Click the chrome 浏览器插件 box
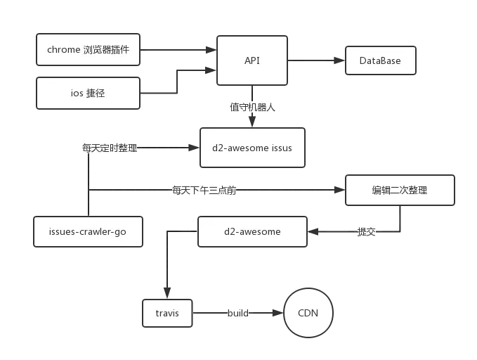(88, 49)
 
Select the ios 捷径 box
(88, 93)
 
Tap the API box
(252, 61)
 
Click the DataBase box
(380, 61)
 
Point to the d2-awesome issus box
(252, 148)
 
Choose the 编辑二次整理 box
(399, 191)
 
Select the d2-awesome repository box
(252, 231)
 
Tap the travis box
(166, 313)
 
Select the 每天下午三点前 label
(202, 190)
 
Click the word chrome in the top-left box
(63, 49)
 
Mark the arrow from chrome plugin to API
(178, 49)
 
